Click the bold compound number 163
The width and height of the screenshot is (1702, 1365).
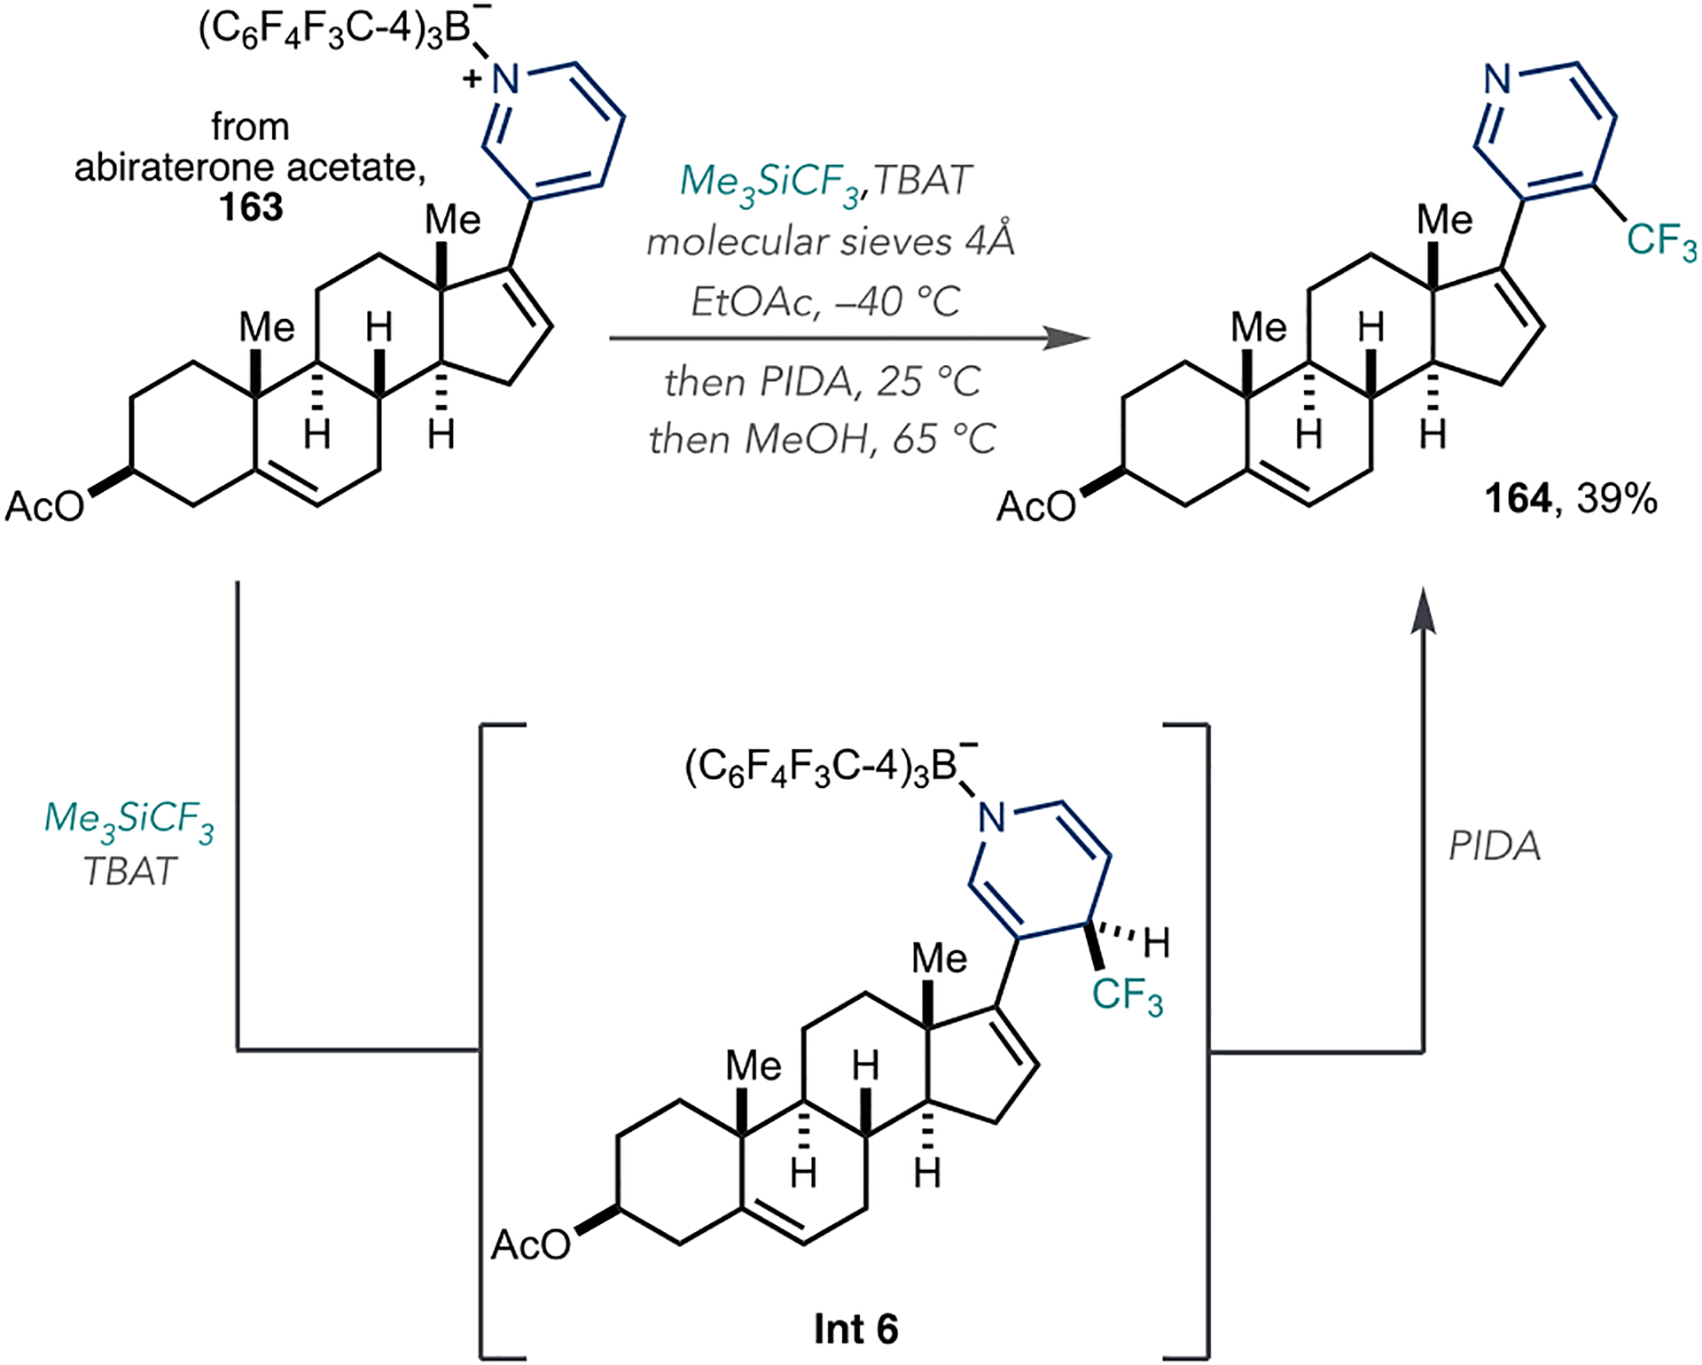(x=251, y=207)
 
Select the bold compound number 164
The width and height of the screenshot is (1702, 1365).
(x=1518, y=499)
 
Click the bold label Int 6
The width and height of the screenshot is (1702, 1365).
(x=855, y=1329)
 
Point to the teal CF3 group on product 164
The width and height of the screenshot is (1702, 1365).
(x=1660, y=241)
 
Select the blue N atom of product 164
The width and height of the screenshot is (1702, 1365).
(x=1497, y=80)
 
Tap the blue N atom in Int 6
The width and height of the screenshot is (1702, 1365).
(x=992, y=817)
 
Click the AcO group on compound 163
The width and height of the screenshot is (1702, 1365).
(x=44, y=507)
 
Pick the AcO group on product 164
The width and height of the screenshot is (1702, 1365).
(x=1035, y=507)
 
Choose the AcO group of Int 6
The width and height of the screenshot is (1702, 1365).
(x=530, y=1245)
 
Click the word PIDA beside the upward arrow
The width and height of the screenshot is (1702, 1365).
(x=1495, y=846)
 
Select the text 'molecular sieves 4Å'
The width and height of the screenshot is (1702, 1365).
(x=830, y=241)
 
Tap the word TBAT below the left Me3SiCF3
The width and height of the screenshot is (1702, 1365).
(x=129, y=872)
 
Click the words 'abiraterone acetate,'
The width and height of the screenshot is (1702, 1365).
(x=250, y=168)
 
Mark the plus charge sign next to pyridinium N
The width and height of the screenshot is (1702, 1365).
(x=472, y=80)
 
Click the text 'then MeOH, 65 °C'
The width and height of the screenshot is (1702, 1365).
(x=823, y=440)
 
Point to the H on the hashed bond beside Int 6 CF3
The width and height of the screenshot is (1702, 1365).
(x=1156, y=943)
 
